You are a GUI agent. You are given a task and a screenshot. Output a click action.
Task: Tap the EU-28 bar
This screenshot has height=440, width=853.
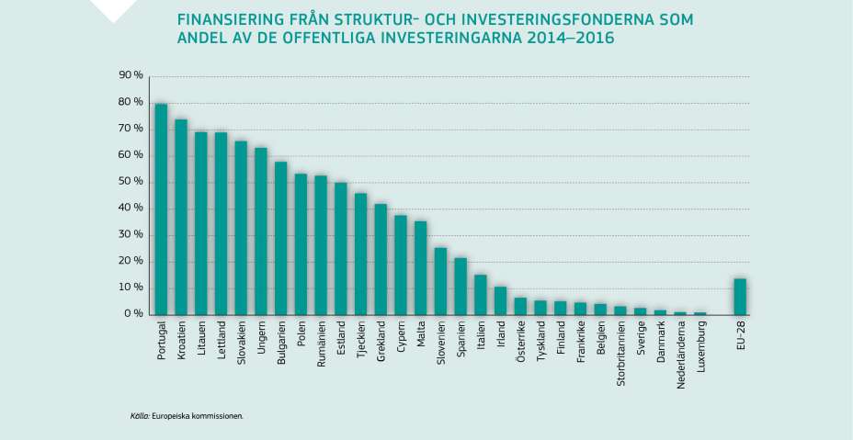pos(740,297)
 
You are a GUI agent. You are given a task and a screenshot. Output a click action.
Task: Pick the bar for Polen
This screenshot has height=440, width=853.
pos(301,244)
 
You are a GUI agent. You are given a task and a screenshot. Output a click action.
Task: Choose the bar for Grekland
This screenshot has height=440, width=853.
pos(381,259)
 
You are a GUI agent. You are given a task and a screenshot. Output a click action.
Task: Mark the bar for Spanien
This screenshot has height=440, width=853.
pos(461,286)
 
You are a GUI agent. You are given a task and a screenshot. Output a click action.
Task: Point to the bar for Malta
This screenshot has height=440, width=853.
pos(421,267)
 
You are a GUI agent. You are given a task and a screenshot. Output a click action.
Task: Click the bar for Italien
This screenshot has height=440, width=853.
pos(481,295)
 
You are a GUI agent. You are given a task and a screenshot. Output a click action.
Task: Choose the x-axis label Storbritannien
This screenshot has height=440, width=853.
pos(620,354)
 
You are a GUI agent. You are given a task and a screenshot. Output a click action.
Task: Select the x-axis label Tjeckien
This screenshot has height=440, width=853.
pos(361,339)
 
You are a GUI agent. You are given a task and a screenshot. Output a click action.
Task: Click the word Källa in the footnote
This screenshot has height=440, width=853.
pos(140,415)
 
